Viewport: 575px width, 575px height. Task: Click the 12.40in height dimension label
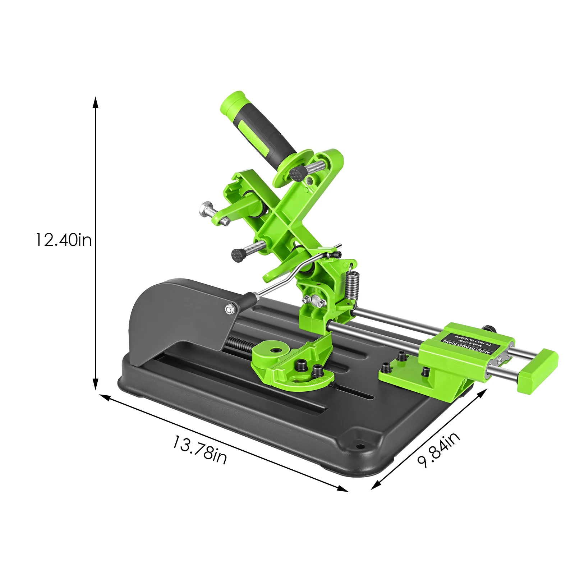pyautogui.click(x=63, y=240)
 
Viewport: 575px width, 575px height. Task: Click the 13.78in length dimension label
pyautogui.click(x=200, y=450)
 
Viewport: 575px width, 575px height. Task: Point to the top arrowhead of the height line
pyautogui.click(x=95, y=102)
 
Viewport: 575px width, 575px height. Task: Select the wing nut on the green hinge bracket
pyautogui.click(x=316, y=299)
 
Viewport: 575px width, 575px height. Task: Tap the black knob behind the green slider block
pyautogui.click(x=488, y=328)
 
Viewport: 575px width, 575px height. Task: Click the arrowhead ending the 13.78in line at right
pyautogui.click(x=343, y=489)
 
